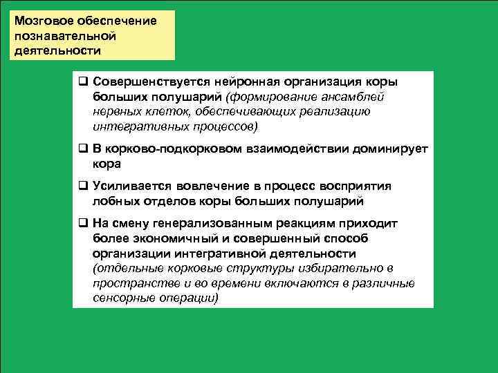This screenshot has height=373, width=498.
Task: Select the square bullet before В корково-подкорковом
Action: tap(82, 149)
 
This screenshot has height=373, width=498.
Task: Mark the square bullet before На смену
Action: tap(82, 224)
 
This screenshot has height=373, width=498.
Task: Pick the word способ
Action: tap(344, 239)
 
